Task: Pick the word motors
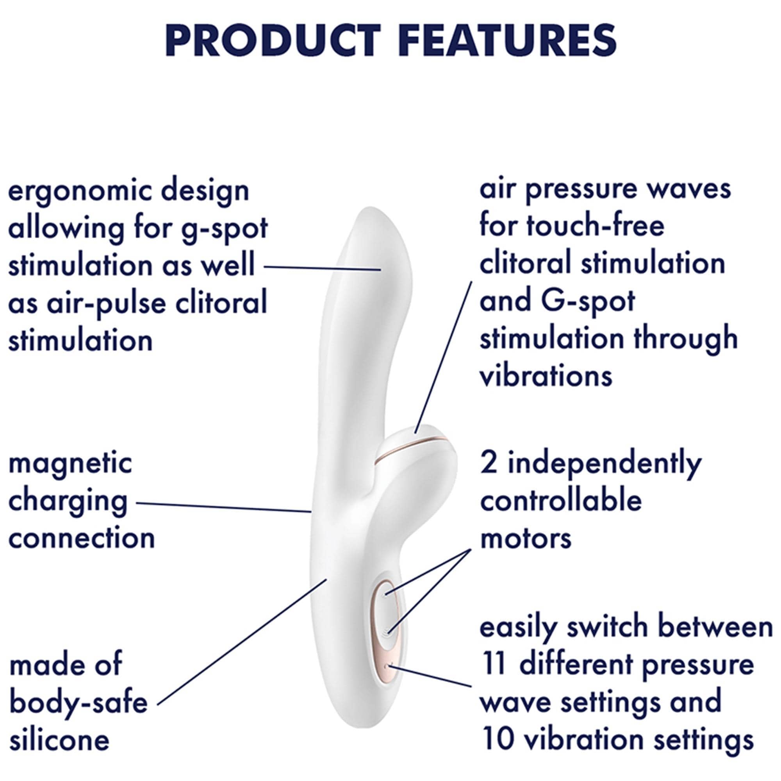pyautogui.click(x=526, y=538)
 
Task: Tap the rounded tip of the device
pyautogui.click(x=369, y=210)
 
